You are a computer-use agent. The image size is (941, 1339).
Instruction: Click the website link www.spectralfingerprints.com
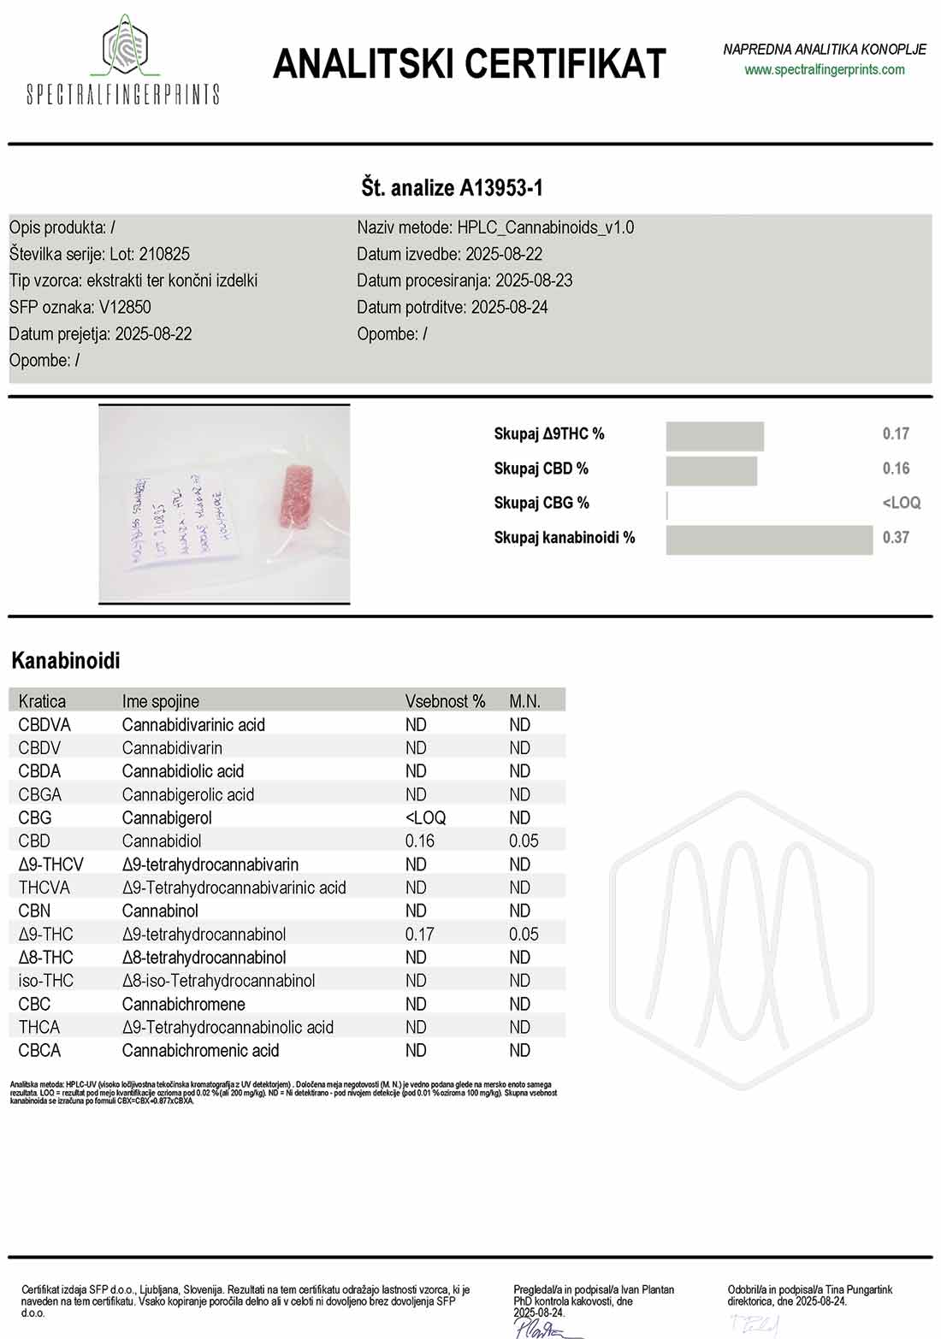click(824, 70)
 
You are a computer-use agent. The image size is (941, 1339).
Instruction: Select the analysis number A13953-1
click(501, 188)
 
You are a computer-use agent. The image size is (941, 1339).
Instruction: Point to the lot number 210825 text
click(164, 254)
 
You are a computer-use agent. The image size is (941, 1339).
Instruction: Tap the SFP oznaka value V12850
click(125, 307)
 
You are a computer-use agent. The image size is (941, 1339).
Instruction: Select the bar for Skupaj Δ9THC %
click(714, 436)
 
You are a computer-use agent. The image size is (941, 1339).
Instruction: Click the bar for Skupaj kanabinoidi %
click(768, 540)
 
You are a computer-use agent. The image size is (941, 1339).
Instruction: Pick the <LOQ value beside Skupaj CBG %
click(901, 503)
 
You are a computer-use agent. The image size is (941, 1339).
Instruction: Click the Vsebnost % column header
click(445, 701)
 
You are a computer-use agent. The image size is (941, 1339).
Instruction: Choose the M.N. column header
click(524, 701)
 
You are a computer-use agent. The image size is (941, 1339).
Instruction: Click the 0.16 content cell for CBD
click(419, 841)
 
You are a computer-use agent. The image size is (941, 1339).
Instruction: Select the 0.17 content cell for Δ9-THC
click(419, 935)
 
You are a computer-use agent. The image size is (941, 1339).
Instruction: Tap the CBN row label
click(34, 911)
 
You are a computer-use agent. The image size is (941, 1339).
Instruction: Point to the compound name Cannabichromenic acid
click(200, 1051)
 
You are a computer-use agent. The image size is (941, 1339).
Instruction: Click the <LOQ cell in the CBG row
click(425, 818)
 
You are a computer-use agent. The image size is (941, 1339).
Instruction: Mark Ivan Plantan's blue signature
click(539, 1328)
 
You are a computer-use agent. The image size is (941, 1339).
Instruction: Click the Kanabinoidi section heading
click(66, 661)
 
